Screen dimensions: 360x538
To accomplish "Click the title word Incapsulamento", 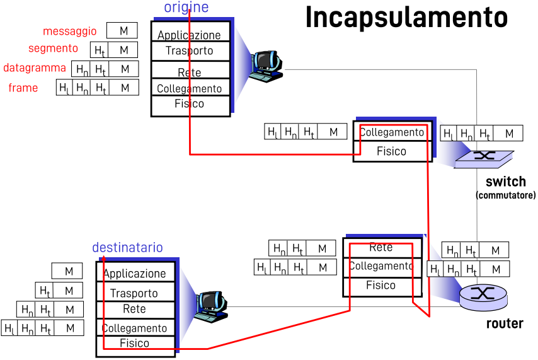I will (406, 18).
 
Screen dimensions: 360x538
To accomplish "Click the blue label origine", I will (186, 8).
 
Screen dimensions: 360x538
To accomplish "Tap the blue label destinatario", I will (127, 248).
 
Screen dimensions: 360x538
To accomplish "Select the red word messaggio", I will (70, 31).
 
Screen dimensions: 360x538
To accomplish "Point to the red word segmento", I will (54, 49).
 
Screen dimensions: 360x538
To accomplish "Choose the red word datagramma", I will (35, 67).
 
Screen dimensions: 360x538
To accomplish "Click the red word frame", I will (23, 88).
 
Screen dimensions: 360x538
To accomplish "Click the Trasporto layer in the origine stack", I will (190, 50).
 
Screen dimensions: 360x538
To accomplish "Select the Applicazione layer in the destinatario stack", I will (135, 274).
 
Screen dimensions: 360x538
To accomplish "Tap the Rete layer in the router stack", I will (381, 247).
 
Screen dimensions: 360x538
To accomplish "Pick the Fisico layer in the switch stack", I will (391, 151).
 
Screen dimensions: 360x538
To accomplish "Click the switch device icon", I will (484, 157).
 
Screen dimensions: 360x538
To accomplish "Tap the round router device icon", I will (483, 295).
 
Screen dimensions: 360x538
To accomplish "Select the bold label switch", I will (505, 183).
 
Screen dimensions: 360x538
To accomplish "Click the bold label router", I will (505, 324).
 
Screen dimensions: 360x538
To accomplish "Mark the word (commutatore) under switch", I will (505, 195).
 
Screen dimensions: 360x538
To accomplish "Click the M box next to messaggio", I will (123, 30).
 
